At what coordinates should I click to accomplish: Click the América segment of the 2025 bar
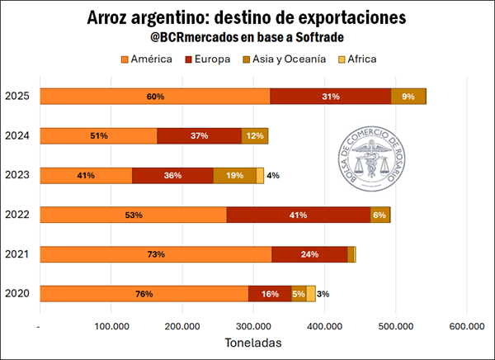pos(154,96)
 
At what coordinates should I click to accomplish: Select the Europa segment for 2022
pos(298,215)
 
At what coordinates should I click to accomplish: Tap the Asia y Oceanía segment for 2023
pos(234,175)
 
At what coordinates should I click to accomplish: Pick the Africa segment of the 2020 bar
pos(311,294)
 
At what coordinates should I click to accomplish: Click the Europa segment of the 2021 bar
pos(309,254)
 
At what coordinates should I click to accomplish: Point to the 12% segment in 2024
pos(254,135)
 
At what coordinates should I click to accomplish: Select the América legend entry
pos(146,59)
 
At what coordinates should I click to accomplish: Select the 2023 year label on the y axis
pos(17,175)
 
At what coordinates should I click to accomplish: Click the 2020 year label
pos(17,294)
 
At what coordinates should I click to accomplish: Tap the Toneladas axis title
pos(253,342)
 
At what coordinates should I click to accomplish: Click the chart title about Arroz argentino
pos(247,18)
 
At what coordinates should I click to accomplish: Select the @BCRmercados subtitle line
pos(247,38)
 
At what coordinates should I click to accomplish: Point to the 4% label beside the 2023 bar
pos(273,175)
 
